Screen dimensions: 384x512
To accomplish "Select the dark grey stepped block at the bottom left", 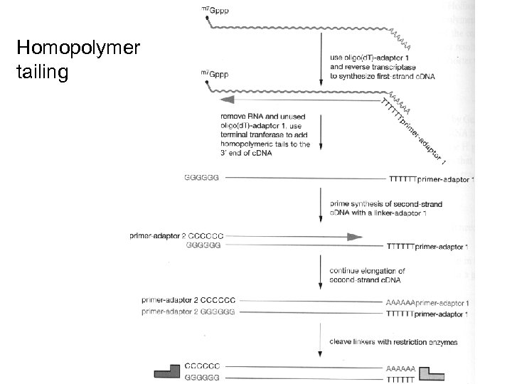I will [x=169, y=370].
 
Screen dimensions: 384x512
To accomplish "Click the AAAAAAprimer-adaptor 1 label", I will [x=427, y=303].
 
